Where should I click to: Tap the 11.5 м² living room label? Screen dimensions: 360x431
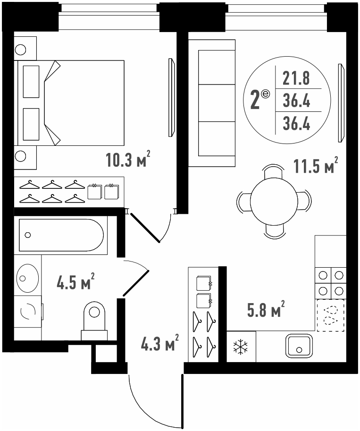point(316,166)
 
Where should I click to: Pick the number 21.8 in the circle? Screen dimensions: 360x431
point(296,78)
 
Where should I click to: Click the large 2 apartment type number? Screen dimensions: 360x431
point(255,101)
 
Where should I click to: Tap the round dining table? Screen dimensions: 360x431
point(274,201)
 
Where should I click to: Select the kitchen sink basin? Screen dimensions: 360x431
point(299,346)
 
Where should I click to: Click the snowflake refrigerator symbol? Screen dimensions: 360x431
point(241,346)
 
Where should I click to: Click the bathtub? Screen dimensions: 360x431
point(61,235)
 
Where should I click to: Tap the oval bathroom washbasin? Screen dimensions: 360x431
point(27,278)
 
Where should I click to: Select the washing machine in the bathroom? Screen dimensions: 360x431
point(28,312)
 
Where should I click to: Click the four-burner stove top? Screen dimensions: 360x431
point(331,283)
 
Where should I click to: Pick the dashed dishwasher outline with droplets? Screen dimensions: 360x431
point(331,315)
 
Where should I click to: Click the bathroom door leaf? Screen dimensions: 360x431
point(136,283)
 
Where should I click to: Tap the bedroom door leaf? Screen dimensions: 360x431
point(145,227)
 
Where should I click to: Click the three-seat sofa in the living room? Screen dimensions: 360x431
point(211,103)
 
